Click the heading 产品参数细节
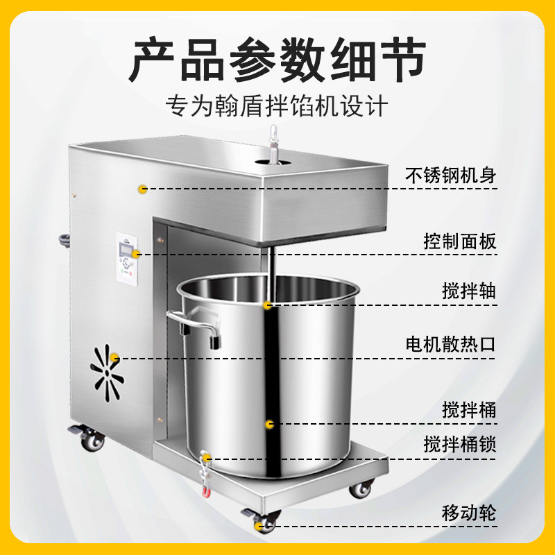click(x=277, y=60)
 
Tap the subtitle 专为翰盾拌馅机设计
click(x=277, y=105)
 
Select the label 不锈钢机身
click(x=450, y=176)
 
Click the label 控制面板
click(x=460, y=241)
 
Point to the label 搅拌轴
click(x=469, y=291)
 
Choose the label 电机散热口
click(x=450, y=344)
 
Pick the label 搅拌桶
click(x=469, y=410)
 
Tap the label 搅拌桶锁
click(x=460, y=444)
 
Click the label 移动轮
click(x=469, y=513)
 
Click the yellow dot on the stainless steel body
click(x=143, y=189)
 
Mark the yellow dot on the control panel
click(x=136, y=254)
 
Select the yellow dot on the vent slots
click(x=114, y=357)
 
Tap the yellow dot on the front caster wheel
click(x=259, y=525)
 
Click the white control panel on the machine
click(x=127, y=259)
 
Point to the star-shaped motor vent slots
click(x=107, y=373)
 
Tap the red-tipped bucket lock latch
click(x=205, y=474)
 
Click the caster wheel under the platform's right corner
click(x=361, y=489)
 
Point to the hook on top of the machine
click(x=273, y=144)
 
